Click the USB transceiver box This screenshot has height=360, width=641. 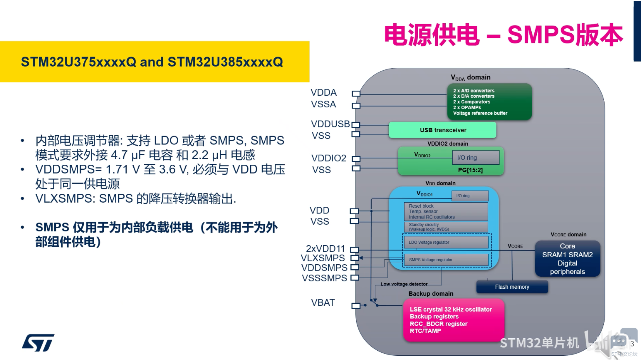pos(443,130)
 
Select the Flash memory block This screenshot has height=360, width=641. pos(512,286)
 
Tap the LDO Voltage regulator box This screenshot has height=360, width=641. pos(446,242)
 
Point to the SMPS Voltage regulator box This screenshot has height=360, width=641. pos(446,260)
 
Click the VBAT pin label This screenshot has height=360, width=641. pos(323,303)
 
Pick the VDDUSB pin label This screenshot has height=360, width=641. pos(330,124)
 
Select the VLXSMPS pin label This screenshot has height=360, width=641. pos(322,258)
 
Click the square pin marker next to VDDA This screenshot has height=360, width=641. pos(356,93)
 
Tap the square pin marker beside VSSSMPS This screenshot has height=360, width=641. pos(355,277)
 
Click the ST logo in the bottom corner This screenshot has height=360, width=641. pos(38,343)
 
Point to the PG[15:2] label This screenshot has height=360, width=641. pos(470,170)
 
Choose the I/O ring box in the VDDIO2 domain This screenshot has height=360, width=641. pos(476,157)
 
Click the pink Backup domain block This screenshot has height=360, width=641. pos(453,320)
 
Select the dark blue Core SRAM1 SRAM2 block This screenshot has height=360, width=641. pos(567,259)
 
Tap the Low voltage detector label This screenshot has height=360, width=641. pos(404,284)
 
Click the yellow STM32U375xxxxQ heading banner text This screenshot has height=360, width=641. pos(152,62)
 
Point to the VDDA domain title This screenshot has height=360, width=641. pos(470,78)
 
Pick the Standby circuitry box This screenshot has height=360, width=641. pos(446,227)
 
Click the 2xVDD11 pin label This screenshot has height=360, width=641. pos(326,248)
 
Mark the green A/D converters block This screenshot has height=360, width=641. pos(489,102)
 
